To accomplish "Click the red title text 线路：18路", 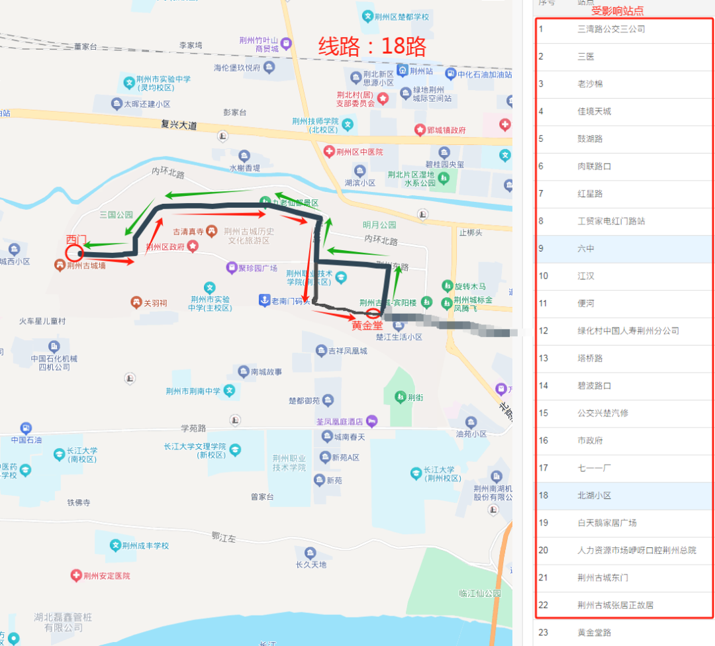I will coord(372,46).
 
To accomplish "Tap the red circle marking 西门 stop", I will coord(74,252).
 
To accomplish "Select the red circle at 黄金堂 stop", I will coord(373,313).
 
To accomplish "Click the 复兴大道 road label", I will coord(179,124).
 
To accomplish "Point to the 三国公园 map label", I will coord(116,214).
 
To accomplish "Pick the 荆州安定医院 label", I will coord(107,576).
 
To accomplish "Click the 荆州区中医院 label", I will coord(359,152).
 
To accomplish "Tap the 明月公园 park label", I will coord(379,225).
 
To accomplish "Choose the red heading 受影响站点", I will coord(617,11).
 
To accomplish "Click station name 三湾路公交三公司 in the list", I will coord(610,29).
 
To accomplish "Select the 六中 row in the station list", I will coord(586,249).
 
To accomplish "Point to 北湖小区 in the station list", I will coord(594,495).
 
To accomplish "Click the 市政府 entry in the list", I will coord(591,440).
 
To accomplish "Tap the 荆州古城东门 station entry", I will coord(602,577).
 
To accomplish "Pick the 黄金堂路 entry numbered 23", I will coord(594,632).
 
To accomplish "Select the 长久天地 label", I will coord(310,565).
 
